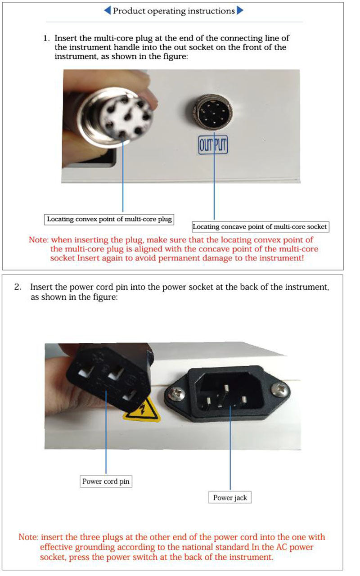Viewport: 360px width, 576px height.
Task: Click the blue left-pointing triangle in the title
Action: (108, 10)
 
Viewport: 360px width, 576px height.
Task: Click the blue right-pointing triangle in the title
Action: (240, 10)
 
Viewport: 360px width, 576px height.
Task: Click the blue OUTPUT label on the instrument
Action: (213, 145)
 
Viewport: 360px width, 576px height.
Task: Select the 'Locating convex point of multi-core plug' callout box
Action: (109, 219)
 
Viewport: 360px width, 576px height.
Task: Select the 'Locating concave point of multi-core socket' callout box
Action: (261, 227)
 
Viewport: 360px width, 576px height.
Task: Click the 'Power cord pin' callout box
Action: (106, 481)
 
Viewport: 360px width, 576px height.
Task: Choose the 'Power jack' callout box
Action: (230, 498)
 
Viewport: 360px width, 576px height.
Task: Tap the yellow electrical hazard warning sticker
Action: (143, 410)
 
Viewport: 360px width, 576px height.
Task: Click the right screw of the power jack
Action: (280, 390)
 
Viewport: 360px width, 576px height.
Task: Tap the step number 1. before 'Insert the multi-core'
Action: (46, 38)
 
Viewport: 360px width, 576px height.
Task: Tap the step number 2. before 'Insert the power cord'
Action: (18, 287)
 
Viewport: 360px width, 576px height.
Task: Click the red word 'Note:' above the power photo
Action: (39, 240)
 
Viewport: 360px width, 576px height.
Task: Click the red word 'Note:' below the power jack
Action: (28, 537)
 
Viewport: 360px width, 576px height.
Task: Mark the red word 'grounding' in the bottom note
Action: (94, 547)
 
